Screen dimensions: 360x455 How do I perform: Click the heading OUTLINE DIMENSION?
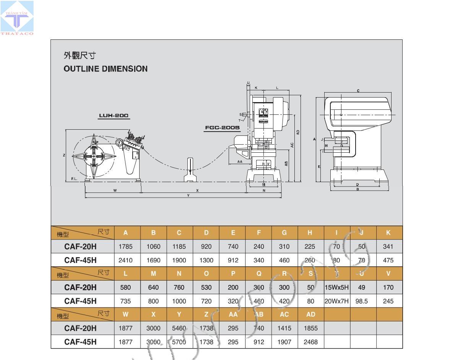coord(105,69)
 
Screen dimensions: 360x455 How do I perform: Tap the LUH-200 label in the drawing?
coord(114,116)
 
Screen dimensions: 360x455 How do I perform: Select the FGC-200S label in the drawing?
coord(222,127)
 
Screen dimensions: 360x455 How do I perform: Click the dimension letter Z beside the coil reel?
coord(64,155)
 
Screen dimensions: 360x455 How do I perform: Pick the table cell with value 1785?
coord(125,247)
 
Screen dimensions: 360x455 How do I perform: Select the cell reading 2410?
coord(125,261)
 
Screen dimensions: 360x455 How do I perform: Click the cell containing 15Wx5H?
coord(336,287)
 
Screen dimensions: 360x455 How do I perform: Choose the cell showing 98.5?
coord(361,301)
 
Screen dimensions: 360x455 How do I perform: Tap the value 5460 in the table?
coord(179,328)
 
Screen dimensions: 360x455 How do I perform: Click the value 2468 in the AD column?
coord(310,342)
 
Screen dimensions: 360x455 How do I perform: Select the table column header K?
coord(388,233)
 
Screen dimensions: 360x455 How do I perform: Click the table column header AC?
coord(284,314)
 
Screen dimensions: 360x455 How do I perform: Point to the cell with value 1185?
coord(179,247)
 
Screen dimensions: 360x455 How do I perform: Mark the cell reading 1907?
coord(284,342)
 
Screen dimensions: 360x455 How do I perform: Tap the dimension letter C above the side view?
coord(358,91)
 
